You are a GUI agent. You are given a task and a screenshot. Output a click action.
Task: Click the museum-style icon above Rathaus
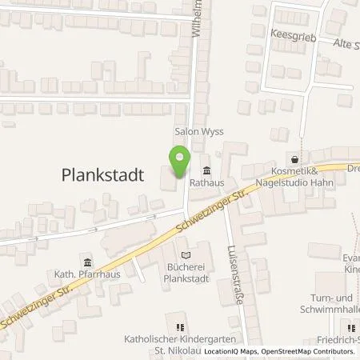click(x=207, y=169)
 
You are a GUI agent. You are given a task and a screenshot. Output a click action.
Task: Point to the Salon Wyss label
click(x=199, y=130)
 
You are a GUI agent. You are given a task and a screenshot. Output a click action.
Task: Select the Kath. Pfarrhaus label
click(x=86, y=276)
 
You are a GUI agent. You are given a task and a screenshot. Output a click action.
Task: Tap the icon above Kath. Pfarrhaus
click(x=86, y=262)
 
